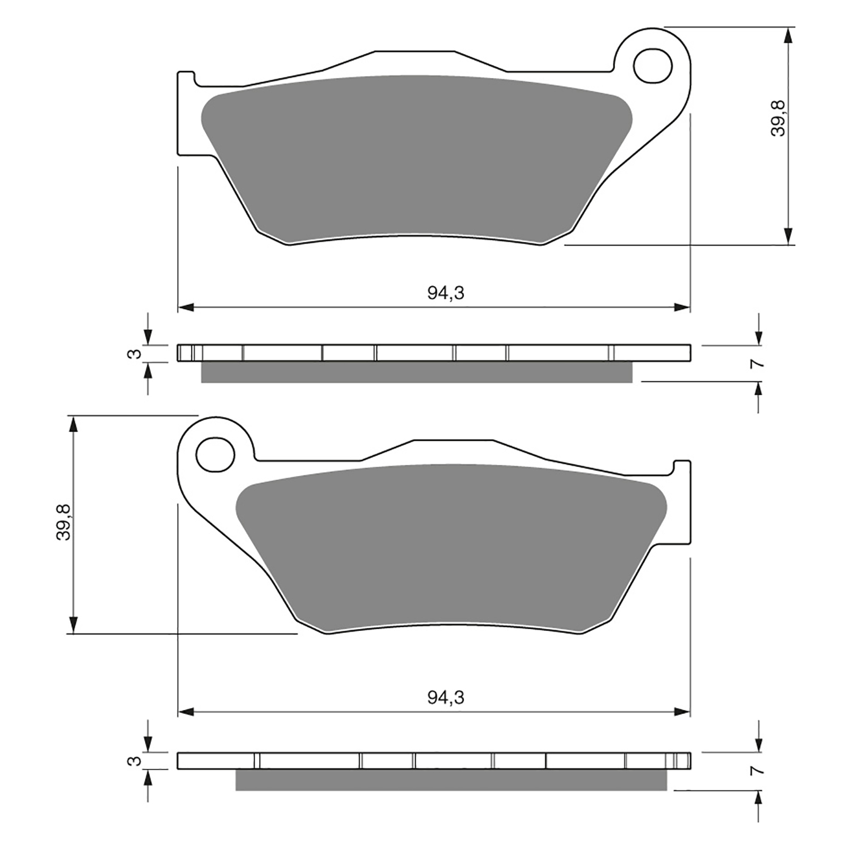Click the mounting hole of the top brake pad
[x=653, y=65]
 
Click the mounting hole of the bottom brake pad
[x=215, y=455]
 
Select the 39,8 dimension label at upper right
[x=778, y=118]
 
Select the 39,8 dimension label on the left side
[x=64, y=522]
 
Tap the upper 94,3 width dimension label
[x=446, y=293]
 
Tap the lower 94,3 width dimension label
[x=446, y=697]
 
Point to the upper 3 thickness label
[x=136, y=353]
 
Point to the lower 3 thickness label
[x=136, y=761]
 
